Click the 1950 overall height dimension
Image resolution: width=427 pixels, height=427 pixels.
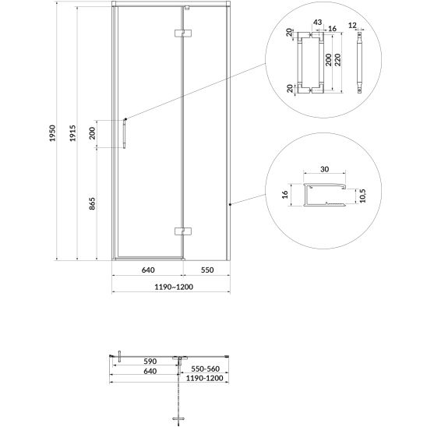point(52,133)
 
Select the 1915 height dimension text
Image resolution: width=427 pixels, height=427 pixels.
point(72,133)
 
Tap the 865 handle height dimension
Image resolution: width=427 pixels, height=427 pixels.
point(92,203)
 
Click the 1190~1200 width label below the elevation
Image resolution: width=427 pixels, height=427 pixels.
point(174,287)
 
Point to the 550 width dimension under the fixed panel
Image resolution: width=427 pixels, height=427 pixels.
point(207,270)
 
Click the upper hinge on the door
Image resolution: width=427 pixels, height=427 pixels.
point(183,33)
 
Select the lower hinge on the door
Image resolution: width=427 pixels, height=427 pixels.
point(183,231)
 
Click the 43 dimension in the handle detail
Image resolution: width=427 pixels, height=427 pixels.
point(318,23)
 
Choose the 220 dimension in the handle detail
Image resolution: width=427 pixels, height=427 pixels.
point(337,60)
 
